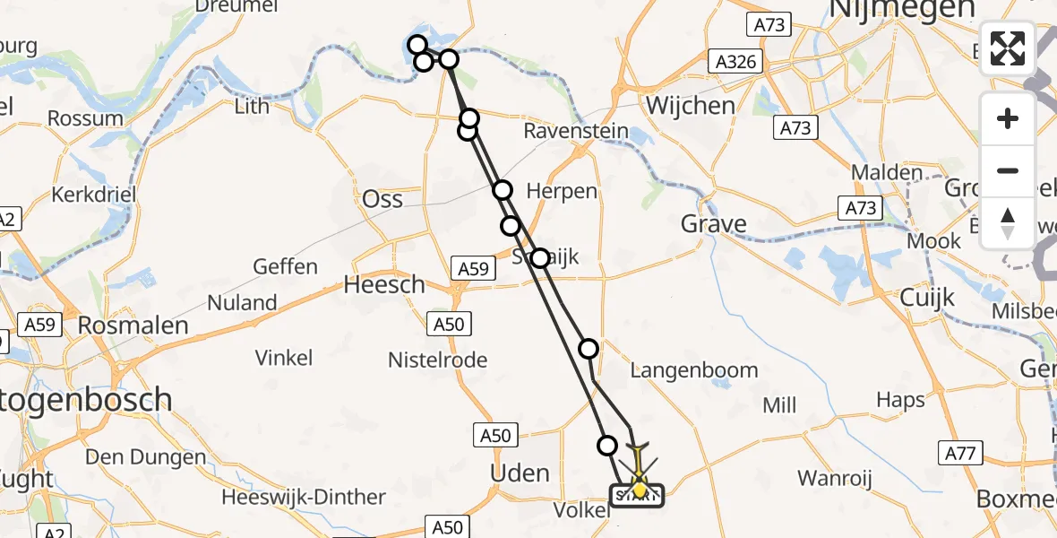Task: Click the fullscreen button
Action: [1008, 48]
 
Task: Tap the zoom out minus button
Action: [1008, 170]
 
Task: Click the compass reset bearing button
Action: [1008, 223]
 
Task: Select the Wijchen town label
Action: [690, 105]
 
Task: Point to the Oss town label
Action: [382, 199]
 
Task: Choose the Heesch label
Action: [385, 285]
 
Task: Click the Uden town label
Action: [521, 472]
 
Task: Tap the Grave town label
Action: [714, 223]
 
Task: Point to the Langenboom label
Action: [694, 370]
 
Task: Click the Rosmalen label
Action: [133, 325]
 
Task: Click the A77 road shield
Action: [957, 455]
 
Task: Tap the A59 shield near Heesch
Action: [470, 267]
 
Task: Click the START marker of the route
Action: [637, 495]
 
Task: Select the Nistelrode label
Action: [437, 360]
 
